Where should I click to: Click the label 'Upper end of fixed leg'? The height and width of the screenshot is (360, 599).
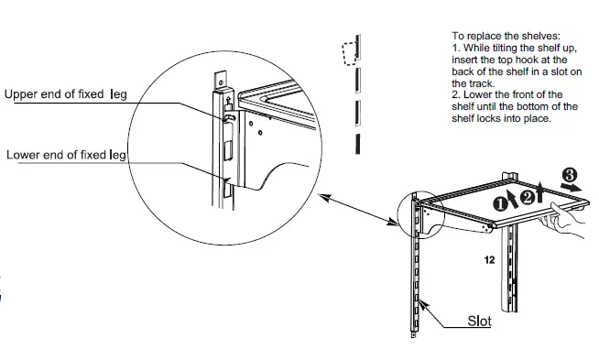point(66,93)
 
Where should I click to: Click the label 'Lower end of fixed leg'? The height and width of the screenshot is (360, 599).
point(66,155)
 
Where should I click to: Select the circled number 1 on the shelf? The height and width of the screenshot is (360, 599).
point(501,203)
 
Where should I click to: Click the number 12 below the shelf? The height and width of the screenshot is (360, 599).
point(490,260)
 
